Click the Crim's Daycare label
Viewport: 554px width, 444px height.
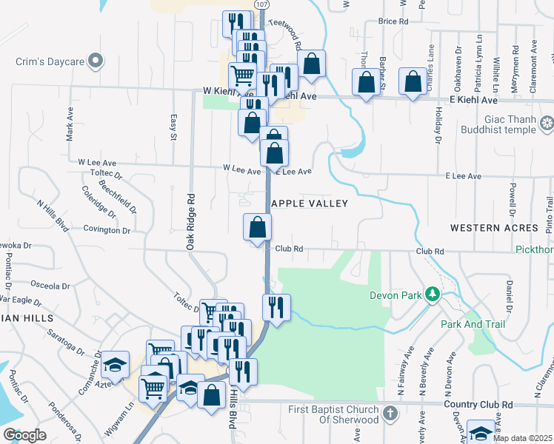click(47, 62)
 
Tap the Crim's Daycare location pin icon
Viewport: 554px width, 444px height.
click(94, 61)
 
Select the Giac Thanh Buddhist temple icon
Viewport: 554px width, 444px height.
click(547, 123)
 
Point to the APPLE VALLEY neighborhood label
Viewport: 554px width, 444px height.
click(309, 203)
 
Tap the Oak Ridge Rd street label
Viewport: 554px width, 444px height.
click(191, 221)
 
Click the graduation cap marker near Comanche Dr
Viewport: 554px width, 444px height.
click(115, 363)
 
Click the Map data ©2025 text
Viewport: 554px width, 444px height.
click(522, 438)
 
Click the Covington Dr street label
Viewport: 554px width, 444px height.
click(107, 230)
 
